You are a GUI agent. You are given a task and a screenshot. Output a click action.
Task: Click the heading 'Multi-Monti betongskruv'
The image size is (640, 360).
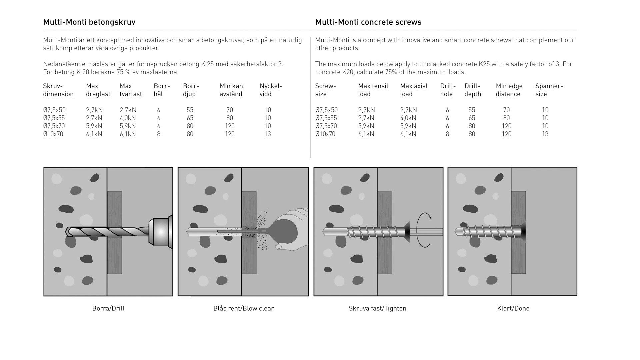pyautogui.click(x=89, y=22)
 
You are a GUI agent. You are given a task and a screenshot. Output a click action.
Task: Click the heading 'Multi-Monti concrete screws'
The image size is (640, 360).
pyautogui.click(x=368, y=22)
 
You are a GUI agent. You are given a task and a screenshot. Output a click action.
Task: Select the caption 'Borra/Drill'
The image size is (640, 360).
pyautogui.click(x=108, y=308)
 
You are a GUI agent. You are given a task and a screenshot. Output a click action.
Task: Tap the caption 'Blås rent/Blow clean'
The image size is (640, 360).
pyautogui.click(x=244, y=308)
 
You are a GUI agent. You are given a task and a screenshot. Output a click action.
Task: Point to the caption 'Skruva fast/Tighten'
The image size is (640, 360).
pyautogui.click(x=377, y=308)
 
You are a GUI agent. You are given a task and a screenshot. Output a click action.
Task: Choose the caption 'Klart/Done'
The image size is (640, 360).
pyautogui.click(x=513, y=308)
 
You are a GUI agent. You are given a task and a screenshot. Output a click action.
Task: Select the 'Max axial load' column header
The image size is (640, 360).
pyautogui.click(x=414, y=90)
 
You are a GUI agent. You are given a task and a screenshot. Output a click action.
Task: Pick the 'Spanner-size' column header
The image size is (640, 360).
pyautogui.click(x=549, y=90)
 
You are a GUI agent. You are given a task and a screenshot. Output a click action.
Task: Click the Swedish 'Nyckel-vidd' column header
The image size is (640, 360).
pyautogui.click(x=271, y=90)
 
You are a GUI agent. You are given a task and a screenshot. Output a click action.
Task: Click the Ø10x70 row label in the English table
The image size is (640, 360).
pyautogui.click(x=325, y=134)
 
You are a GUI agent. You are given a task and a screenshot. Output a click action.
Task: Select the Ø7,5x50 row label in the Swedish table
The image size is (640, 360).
pyautogui.click(x=54, y=110)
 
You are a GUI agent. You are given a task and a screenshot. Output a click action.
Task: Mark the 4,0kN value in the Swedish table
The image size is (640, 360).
pyautogui.click(x=128, y=118)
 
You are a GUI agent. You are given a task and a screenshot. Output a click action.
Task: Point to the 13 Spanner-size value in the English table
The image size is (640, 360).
pyautogui.click(x=545, y=134)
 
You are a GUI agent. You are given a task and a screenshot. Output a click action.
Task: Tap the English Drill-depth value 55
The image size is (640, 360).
pyautogui.click(x=472, y=110)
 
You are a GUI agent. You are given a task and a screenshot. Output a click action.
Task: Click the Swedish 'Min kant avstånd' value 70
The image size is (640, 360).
pyautogui.click(x=230, y=110)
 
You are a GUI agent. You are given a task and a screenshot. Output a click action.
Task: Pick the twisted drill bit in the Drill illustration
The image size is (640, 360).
pyautogui.click(x=107, y=231)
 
